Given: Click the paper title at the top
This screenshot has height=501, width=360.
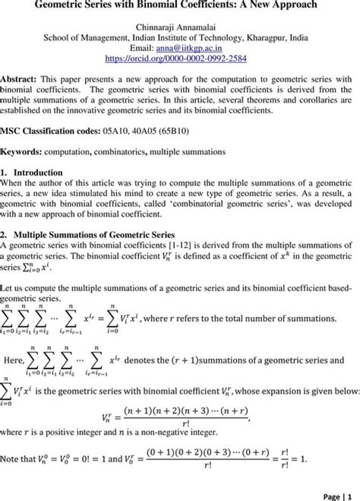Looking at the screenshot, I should click(180, 7).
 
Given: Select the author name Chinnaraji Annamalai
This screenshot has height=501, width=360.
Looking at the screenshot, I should click(180, 26).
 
